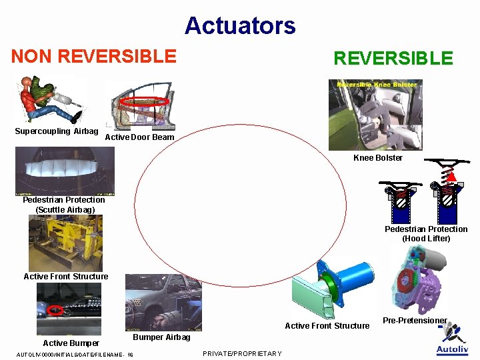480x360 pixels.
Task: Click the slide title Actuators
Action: pos(240,26)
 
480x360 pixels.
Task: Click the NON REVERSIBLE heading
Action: pos(94,56)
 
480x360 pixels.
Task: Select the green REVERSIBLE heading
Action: pos(393,59)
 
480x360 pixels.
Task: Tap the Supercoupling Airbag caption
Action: pos(57,131)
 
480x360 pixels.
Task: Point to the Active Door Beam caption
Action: pos(139,137)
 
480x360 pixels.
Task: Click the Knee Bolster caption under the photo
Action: pos(377,158)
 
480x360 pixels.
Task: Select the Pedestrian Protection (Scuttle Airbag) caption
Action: pos(64,205)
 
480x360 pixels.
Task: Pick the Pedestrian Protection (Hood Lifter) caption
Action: pos(426,234)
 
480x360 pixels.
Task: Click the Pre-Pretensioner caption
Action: pos(415,321)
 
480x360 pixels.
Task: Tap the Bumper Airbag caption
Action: pos(162,337)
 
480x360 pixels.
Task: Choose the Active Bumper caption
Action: pos(71,343)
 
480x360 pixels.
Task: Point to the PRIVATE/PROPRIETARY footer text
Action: pos(241,353)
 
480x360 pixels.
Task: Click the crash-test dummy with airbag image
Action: pos(51,101)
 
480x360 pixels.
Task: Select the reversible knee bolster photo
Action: pos(375,115)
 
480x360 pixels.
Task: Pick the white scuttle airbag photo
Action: pos(65,171)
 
